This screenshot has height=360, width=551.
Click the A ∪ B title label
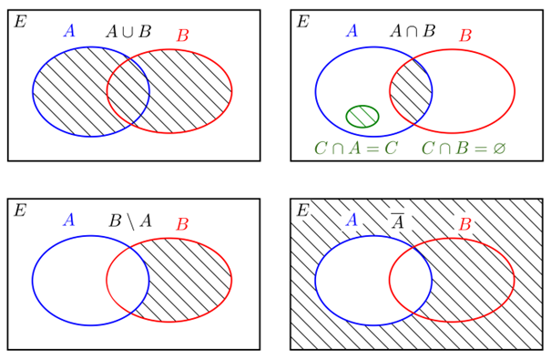128,31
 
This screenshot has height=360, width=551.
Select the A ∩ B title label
413,31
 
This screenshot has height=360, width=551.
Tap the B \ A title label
130,221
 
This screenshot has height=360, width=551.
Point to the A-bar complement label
397,221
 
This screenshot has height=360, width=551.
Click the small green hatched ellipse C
362,117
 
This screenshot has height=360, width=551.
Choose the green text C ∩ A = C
356,148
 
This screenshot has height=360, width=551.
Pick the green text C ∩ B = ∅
464,148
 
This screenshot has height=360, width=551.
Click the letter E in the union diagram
20,22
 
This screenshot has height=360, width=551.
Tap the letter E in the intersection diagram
303,22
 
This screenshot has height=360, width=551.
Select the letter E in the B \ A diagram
20,211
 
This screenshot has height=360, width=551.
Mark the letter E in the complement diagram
303,211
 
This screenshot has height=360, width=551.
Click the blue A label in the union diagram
69,31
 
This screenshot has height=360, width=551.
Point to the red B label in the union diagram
183,36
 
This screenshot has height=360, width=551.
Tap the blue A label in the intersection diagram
352,31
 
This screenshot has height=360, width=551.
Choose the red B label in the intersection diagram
465,36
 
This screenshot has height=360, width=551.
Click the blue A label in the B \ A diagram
69,220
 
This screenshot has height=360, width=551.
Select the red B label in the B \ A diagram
183,224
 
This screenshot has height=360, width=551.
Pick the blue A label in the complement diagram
352,220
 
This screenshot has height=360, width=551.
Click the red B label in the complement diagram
465,224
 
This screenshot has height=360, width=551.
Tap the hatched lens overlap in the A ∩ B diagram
411,91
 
